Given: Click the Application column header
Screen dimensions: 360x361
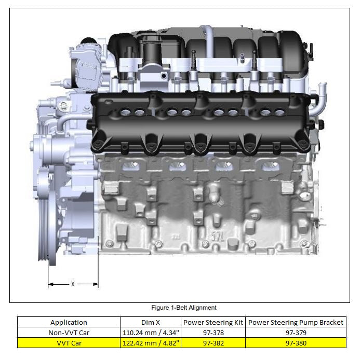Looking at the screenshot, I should pos(69,322).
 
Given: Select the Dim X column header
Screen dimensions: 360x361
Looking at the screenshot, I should pos(151,322).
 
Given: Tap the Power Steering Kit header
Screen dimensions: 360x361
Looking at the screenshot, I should pos(213,322).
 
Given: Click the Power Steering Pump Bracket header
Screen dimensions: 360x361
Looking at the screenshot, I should pos(296,322).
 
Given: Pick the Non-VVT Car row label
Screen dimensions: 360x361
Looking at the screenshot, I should pos(69,333).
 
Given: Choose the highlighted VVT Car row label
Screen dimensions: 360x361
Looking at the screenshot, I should pos(69,342).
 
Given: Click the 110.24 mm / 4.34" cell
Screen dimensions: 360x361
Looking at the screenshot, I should pos(151,333).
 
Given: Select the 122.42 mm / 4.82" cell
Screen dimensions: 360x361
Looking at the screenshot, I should pos(151,342).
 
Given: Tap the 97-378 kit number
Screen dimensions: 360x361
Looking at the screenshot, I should pos(213,333).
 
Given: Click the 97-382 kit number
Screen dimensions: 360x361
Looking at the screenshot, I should pos(213,342).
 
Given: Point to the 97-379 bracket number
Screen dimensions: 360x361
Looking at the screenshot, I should pos(296,333).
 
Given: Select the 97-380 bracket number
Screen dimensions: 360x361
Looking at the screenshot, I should pos(296,342).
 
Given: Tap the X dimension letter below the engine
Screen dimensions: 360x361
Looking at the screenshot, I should pos(73,284).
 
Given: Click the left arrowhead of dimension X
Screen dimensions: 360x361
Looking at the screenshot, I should pos(50,284).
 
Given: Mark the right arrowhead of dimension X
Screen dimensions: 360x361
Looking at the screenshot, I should pos(96,284).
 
